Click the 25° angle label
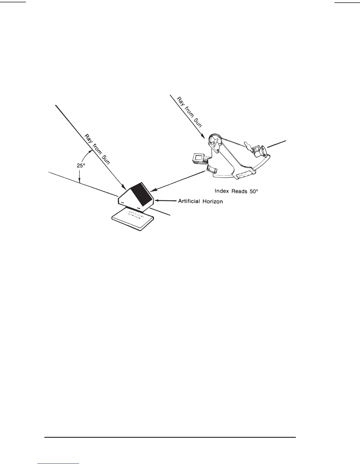pos(81,166)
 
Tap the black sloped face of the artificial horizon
pos(141,193)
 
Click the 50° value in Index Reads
pos(253,191)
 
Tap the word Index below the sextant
pos(221,191)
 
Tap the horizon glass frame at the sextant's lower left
pos(212,169)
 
